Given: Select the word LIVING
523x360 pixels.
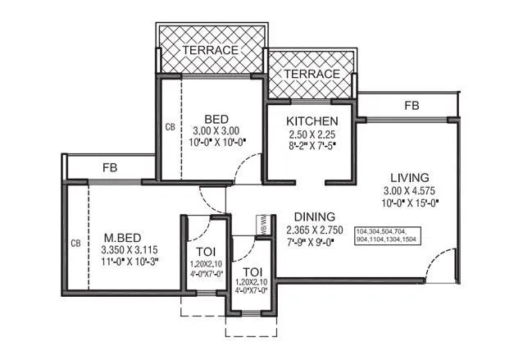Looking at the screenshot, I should (411, 178).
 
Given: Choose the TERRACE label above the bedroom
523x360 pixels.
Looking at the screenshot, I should (211, 50).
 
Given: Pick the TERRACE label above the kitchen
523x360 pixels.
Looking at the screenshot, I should (312, 74).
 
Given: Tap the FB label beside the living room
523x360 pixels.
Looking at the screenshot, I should (412, 106).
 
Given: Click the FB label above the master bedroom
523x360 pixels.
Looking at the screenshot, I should (109, 167).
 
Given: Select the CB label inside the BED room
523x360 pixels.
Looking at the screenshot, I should (170, 127).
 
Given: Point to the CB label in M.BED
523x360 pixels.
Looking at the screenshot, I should (75, 244).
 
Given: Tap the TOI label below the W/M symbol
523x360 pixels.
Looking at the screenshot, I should (253, 271).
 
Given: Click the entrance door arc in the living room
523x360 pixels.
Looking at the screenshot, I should (441, 263).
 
